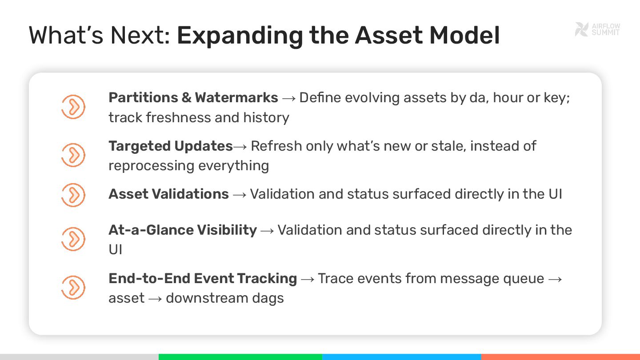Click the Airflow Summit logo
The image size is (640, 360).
tap(597, 29)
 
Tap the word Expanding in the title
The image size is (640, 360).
tap(240, 36)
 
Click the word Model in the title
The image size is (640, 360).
tap(464, 36)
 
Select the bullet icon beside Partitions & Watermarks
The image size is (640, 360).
tap(73, 107)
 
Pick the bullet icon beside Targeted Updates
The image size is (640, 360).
tap(73, 155)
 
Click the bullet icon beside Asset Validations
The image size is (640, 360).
tap(73, 195)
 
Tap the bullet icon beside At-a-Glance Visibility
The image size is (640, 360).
tap(73, 239)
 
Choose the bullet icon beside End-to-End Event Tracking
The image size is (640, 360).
tap(73, 288)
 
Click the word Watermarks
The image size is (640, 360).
tap(236, 98)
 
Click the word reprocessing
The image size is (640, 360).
tap(151, 166)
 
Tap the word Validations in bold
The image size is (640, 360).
tap(190, 194)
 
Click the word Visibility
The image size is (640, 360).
tap(227, 230)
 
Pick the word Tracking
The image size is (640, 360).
tap(267, 279)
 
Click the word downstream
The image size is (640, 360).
tap(207, 298)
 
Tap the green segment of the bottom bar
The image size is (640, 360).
tap(240, 357)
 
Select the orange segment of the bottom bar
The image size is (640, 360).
tap(560, 357)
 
